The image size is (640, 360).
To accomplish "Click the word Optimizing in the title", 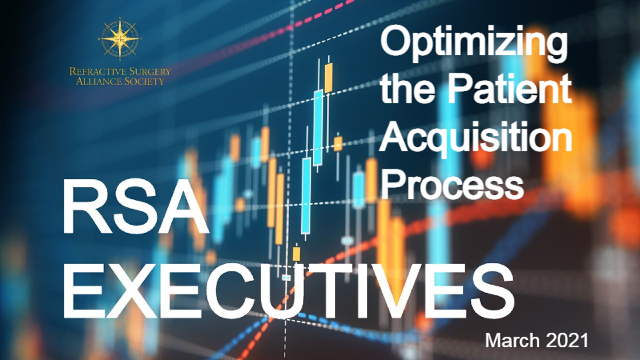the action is click(x=474, y=45).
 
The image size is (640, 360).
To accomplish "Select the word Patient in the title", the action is click(x=510, y=90).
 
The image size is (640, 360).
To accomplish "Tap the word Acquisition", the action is click(x=475, y=138).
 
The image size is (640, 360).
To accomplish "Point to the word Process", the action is click(x=452, y=184).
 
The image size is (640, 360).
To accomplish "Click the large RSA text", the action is click(x=136, y=207).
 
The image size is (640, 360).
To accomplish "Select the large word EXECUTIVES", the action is click(x=289, y=291).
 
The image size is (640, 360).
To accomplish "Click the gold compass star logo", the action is click(x=119, y=38).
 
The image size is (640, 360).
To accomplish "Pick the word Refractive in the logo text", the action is click(x=94, y=71).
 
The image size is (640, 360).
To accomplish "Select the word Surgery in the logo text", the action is click(x=146, y=72).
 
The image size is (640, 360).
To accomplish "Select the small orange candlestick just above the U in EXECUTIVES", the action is click(x=296, y=253).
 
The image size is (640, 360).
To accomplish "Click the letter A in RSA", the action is click(x=184, y=207).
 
